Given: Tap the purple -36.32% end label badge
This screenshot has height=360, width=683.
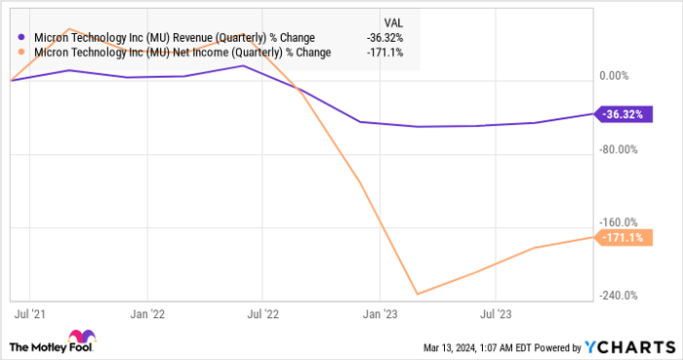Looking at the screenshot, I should pos(623,114).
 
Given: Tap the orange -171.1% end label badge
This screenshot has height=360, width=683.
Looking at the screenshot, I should pos(623,238).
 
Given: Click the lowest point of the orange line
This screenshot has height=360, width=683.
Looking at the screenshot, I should pos(418,294).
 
